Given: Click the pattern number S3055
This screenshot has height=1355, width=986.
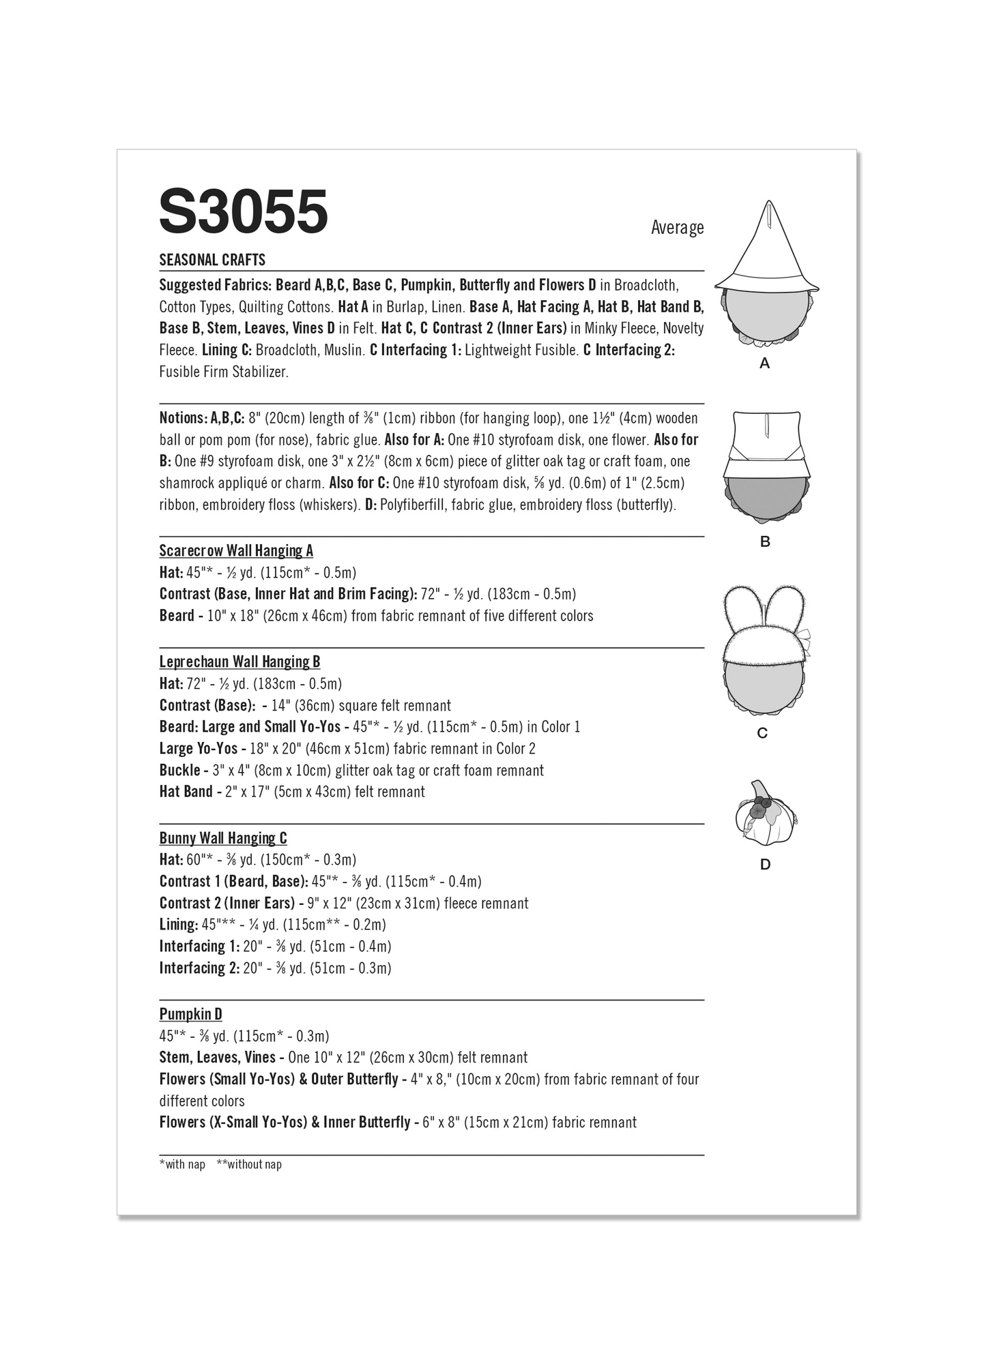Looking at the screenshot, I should [243, 212].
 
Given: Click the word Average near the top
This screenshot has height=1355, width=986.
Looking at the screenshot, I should [677, 227].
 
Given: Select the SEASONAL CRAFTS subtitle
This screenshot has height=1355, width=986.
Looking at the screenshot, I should [212, 260].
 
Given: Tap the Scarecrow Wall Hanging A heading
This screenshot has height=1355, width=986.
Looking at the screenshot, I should [236, 550].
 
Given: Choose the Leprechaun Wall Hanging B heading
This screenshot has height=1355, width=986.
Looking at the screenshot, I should [240, 661].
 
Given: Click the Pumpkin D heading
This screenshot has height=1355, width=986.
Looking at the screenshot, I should [190, 1014].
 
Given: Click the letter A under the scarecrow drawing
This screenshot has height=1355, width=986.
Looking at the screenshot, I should [764, 363].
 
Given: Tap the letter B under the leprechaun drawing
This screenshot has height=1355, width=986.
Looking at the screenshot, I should [765, 541].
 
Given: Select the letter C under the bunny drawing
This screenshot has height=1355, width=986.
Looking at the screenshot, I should [763, 733].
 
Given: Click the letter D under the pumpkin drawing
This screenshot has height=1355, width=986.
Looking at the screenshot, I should [765, 865].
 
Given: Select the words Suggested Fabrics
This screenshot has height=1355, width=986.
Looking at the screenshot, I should [215, 284].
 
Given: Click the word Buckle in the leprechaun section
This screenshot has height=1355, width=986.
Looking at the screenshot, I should [179, 770].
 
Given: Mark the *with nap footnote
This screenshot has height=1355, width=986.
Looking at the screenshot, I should [182, 1164].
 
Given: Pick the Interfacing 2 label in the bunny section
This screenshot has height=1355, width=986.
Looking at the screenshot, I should [199, 968].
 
